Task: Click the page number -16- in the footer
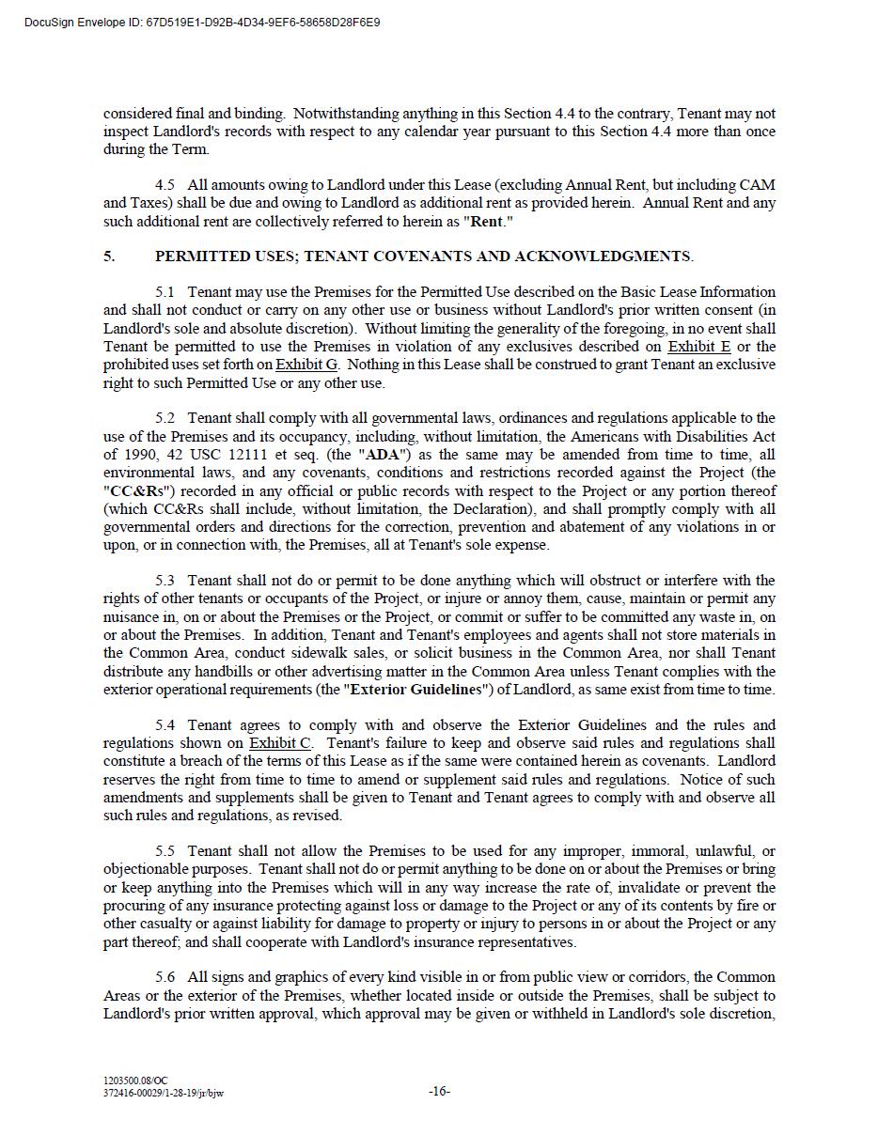tap(439, 1091)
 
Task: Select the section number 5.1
tap(165, 291)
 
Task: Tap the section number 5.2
tap(165, 417)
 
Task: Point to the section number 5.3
tap(165, 580)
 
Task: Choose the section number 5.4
tap(165, 724)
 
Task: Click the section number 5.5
tap(165, 850)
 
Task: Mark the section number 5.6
tap(165, 977)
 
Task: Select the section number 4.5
tap(165, 184)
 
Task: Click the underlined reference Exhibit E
tap(699, 346)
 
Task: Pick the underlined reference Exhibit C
tap(280, 743)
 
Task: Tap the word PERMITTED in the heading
tap(200, 256)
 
